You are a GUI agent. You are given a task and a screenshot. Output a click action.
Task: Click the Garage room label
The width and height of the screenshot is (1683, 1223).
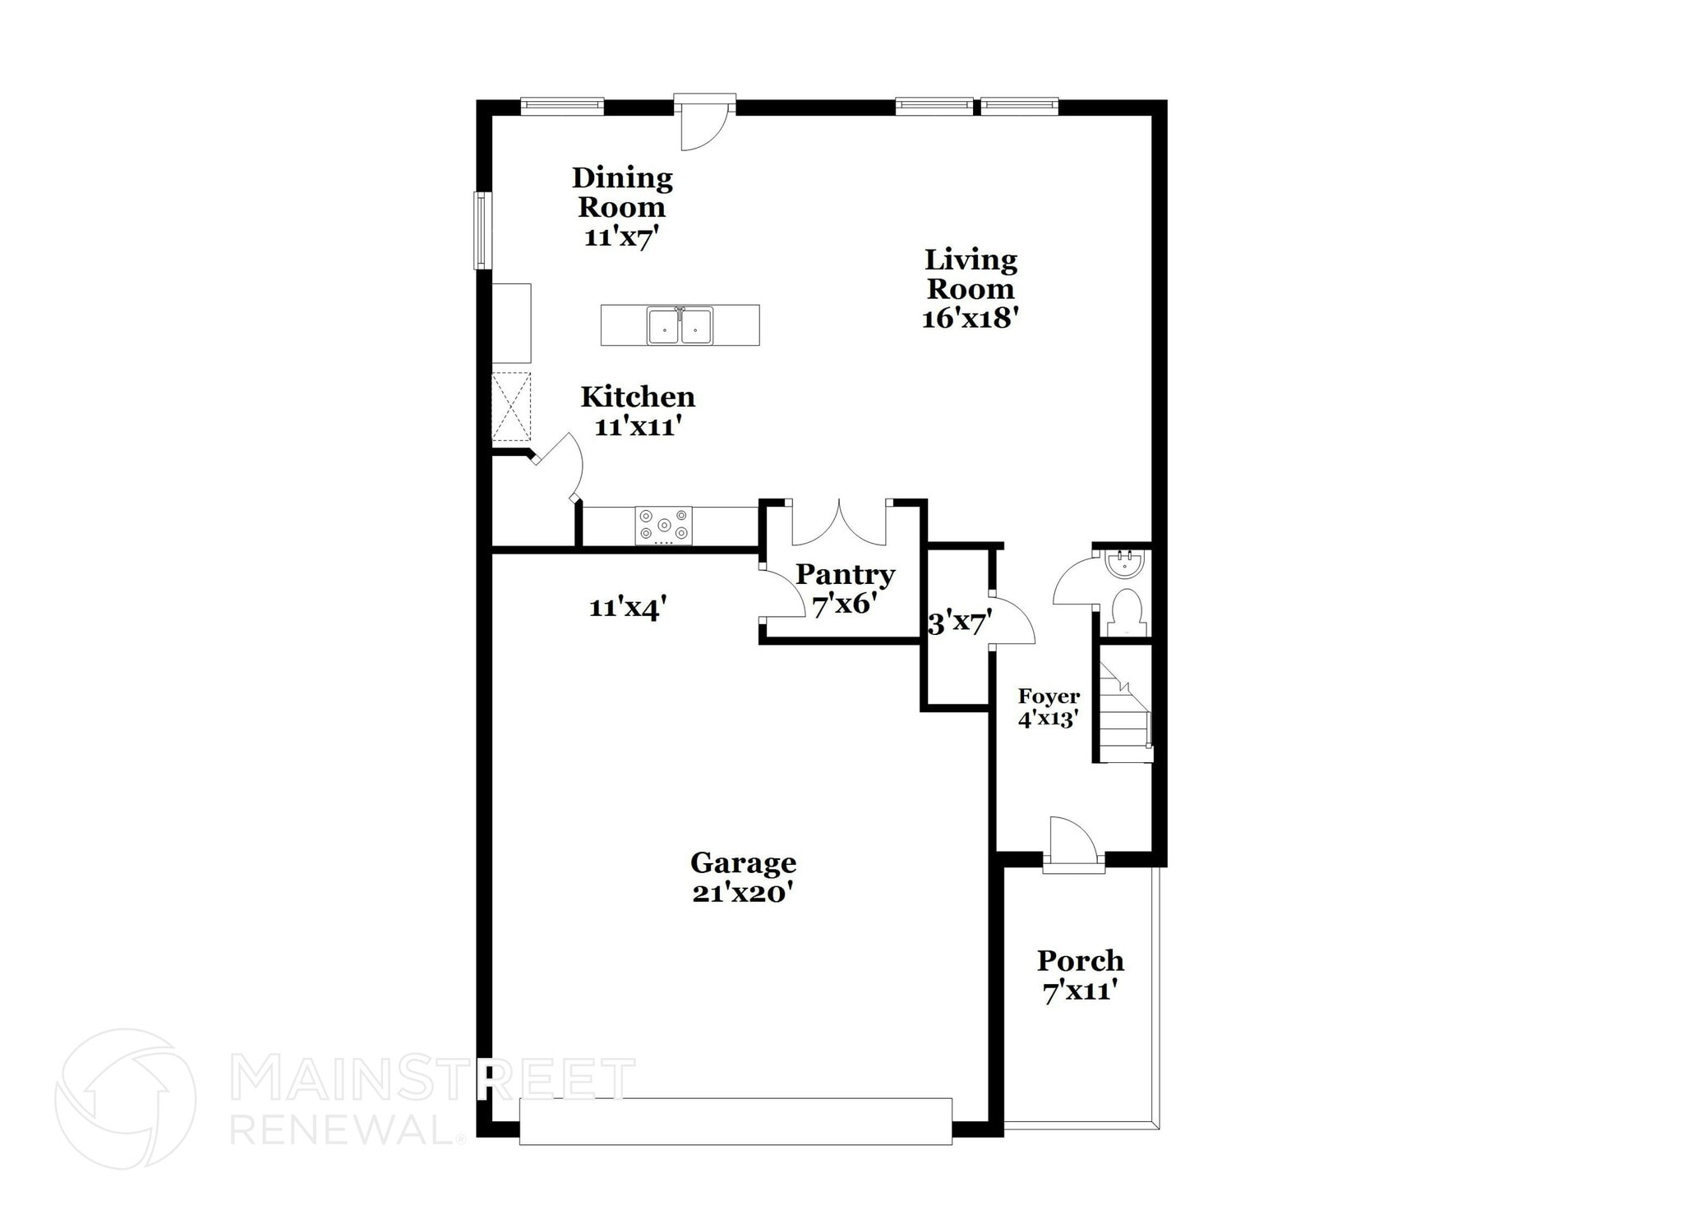[743, 862]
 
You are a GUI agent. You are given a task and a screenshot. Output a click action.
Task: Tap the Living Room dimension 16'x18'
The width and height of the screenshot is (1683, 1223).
[971, 319]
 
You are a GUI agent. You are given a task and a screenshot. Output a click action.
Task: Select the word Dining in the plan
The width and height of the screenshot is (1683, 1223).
[622, 177]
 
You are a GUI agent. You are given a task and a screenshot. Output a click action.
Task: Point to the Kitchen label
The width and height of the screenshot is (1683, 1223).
[638, 398]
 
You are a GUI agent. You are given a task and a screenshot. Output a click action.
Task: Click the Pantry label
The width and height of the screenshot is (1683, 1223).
[845, 574]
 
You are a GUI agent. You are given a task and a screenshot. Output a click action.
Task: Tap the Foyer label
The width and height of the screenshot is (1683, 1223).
[1049, 697]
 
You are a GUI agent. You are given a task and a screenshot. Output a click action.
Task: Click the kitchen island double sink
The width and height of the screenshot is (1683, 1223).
[680, 325]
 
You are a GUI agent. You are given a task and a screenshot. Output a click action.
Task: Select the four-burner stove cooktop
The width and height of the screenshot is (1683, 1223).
[663, 526]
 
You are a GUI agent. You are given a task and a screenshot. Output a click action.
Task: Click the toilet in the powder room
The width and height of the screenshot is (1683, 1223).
[1125, 613]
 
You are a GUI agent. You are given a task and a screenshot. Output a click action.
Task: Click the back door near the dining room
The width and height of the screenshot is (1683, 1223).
[704, 123]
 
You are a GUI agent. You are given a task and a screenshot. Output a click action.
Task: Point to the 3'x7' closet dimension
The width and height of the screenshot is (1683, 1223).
[956, 624]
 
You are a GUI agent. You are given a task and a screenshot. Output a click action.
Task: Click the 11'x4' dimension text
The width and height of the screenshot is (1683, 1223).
[627, 609]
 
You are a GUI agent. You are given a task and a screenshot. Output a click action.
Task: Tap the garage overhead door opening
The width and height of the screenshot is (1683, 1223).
[735, 1121]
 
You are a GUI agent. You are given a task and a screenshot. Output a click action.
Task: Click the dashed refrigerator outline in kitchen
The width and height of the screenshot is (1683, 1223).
[511, 407]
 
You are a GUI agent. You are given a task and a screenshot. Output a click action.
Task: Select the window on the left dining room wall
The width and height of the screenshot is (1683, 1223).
[482, 230]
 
